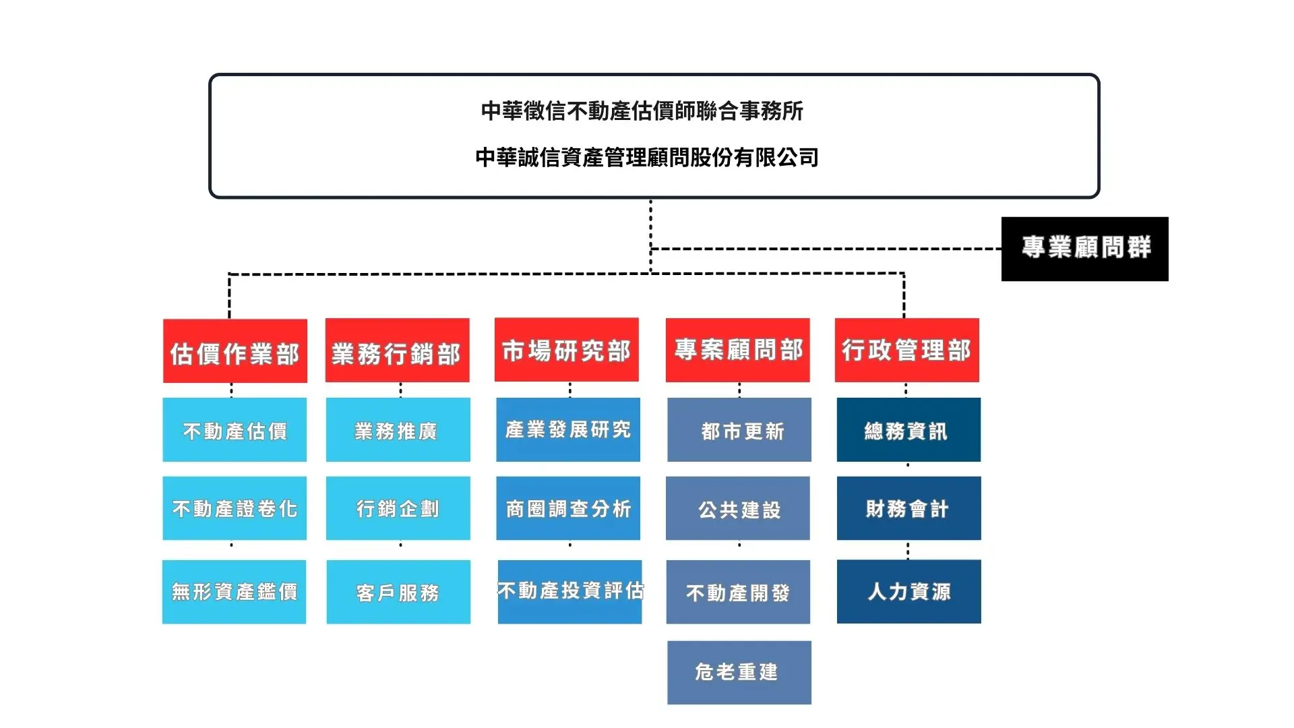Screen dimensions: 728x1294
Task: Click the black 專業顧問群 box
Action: pos(1084,249)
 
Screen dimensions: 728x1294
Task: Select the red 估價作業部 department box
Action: pos(235,351)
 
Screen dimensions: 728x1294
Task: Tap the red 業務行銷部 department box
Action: pos(398,351)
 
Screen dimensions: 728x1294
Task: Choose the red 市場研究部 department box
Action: pos(567,350)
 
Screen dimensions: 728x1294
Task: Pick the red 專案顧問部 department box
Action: pos(738,350)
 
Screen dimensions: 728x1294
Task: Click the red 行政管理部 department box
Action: pos(907,350)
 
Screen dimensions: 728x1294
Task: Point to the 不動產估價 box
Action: pos(235,430)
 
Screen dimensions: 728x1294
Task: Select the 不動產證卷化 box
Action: pos(235,508)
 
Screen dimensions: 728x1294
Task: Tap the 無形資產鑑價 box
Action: pos(234,592)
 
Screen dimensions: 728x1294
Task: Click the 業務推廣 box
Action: pos(398,430)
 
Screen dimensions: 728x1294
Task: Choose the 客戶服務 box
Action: pos(398,592)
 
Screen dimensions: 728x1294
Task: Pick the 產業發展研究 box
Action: pos(568,430)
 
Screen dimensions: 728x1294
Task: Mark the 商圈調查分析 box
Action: pos(568,508)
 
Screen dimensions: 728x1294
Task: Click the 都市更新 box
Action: pos(739,430)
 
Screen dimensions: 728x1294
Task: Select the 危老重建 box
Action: pos(739,673)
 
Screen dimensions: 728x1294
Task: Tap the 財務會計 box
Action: pos(909,508)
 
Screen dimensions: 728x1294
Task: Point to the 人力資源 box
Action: pos(909,592)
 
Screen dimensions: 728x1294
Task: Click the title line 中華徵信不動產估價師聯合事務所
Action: pos(642,111)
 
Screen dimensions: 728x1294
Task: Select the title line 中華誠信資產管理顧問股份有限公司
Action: pos(647,158)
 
